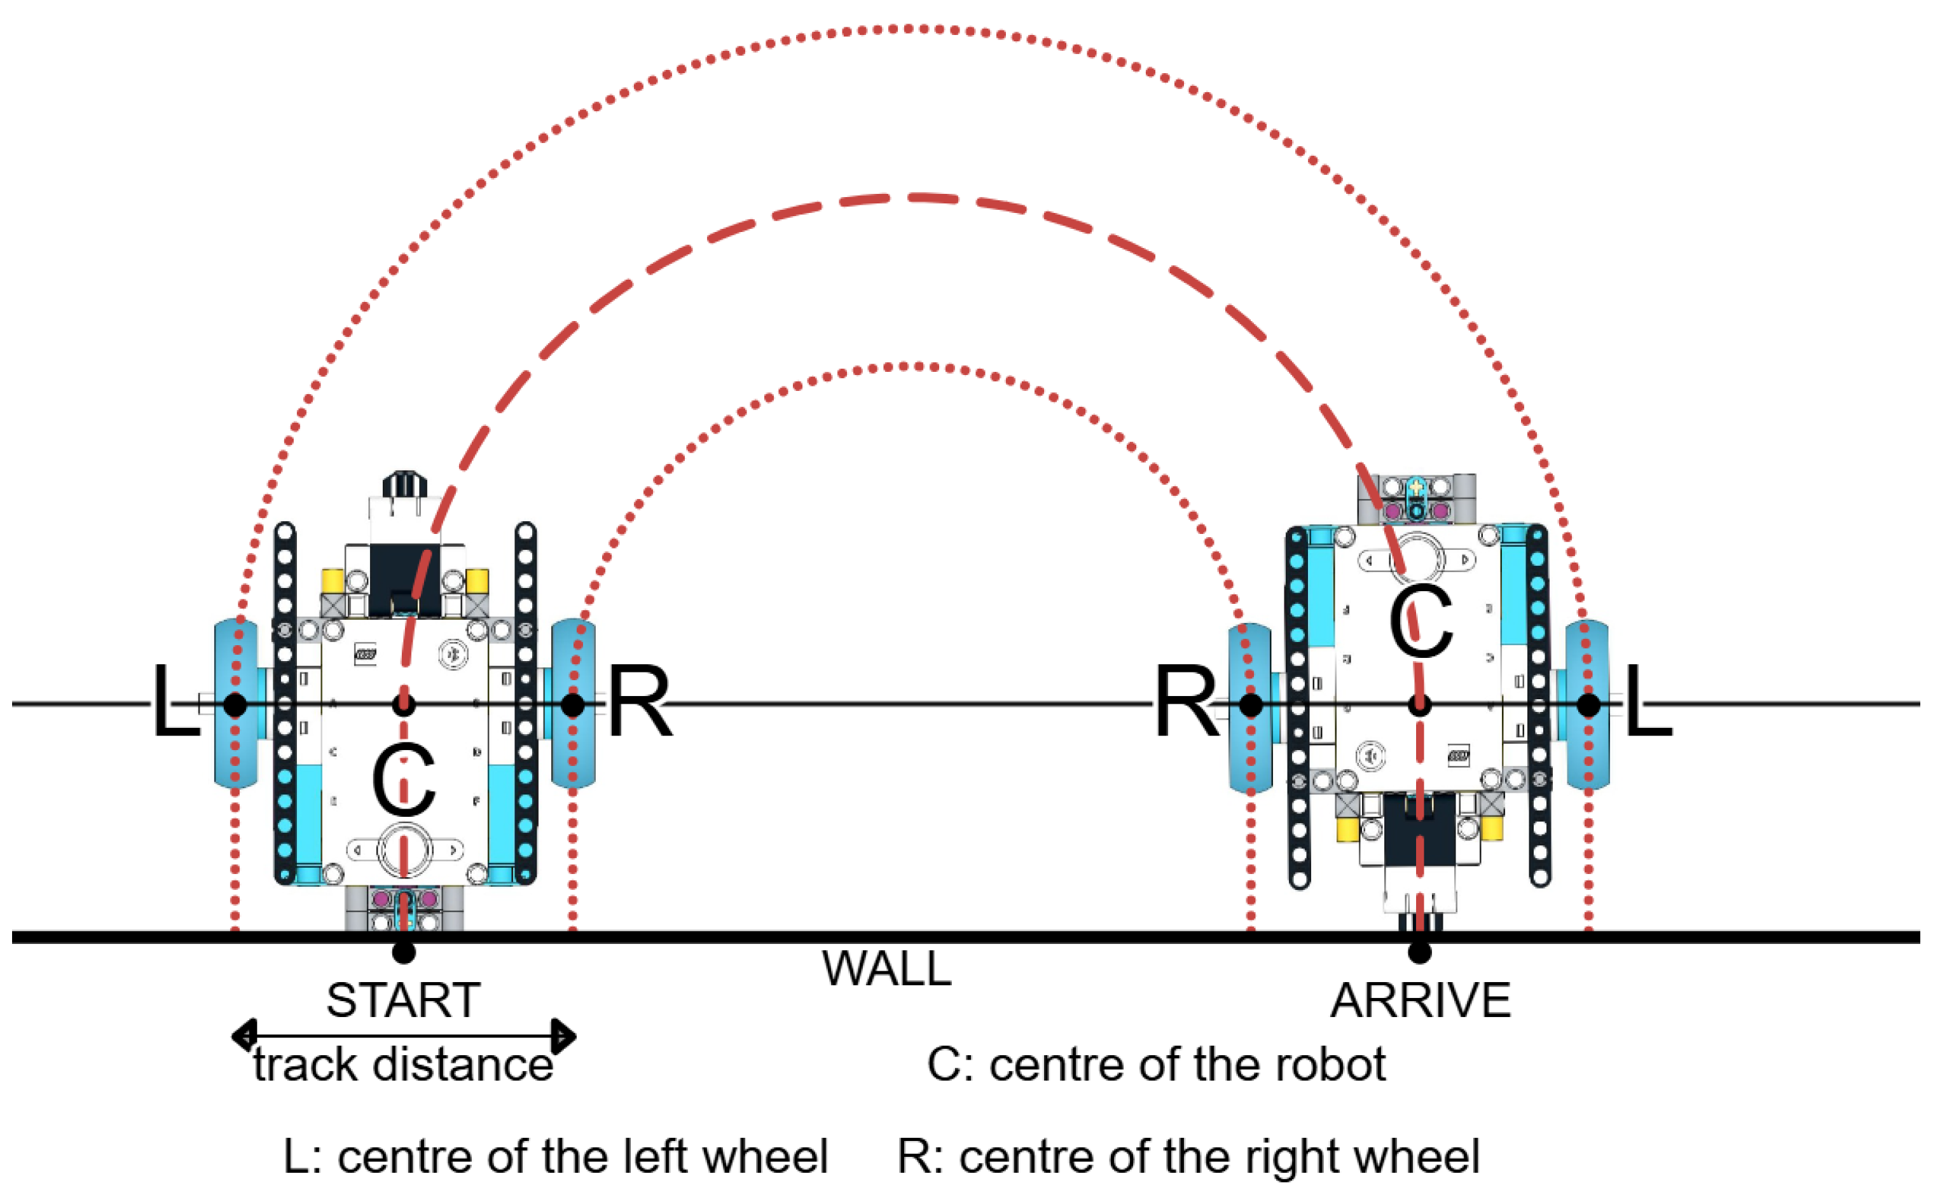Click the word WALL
point(886,969)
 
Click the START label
point(403,1001)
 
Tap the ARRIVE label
point(1420,1001)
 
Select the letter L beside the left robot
point(175,702)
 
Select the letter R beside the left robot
point(640,702)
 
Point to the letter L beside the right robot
point(1648,702)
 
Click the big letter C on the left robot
point(403,781)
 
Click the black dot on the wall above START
point(404,952)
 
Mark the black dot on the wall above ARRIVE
point(1420,952)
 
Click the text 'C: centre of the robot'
point(1156,1065)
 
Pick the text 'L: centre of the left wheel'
point(555,1157)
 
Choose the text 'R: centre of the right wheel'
point(1188,1157)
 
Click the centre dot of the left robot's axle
point(404,704)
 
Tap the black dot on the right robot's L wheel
point(1589,705)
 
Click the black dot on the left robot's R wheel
point(573,704)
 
